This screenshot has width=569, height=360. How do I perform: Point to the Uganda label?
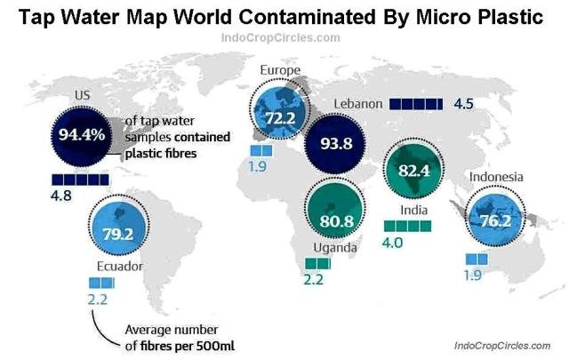click(x=333, y=248)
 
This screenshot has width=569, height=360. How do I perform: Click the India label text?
click(x=414, y=211)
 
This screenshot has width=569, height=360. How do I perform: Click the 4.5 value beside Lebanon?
click(x=463, y=104)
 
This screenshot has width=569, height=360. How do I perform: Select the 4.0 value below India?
click(x=393, y=243)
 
